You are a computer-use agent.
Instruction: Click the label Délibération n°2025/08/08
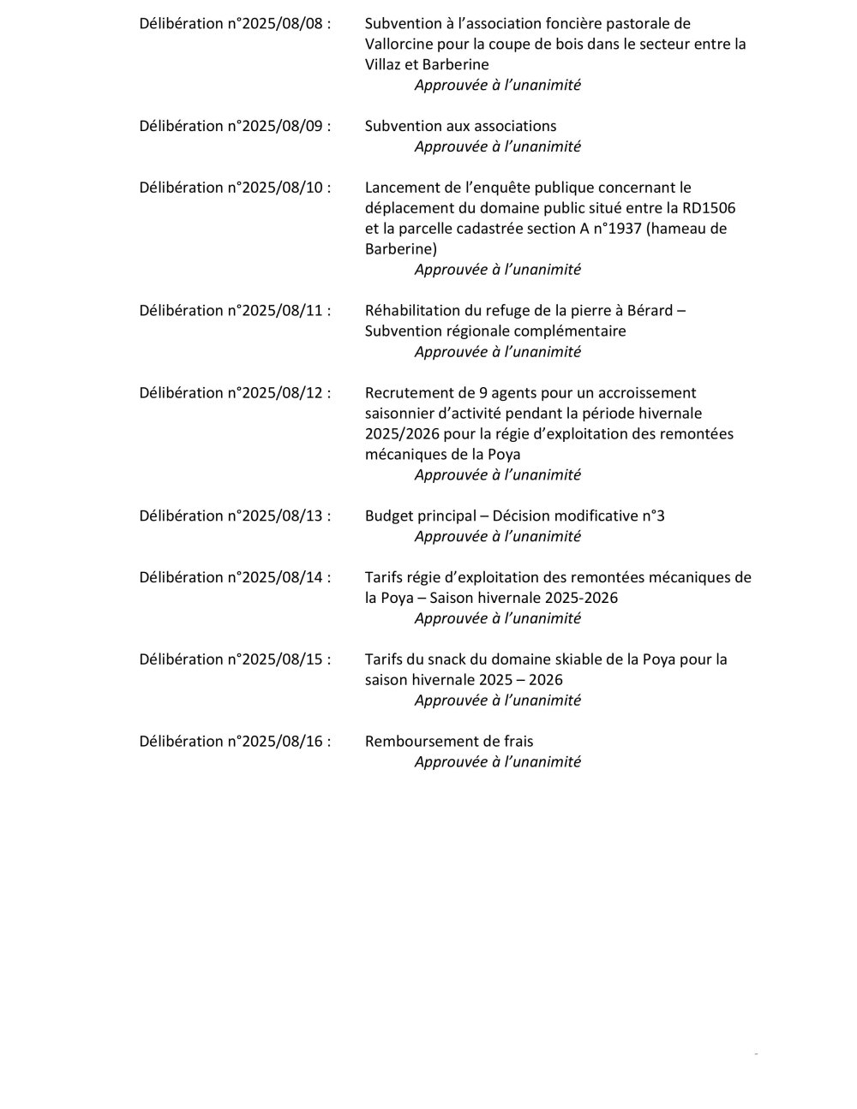tap(235, 24)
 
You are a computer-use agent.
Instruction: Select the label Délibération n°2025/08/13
tap(235, 516)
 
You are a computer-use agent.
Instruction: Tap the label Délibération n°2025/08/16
tap(235, 742)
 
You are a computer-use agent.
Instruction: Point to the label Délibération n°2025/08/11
tap(235, 311)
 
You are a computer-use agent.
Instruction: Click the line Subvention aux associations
tap(460, 127)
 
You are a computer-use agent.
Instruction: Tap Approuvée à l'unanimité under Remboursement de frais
tap(497, 762)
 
